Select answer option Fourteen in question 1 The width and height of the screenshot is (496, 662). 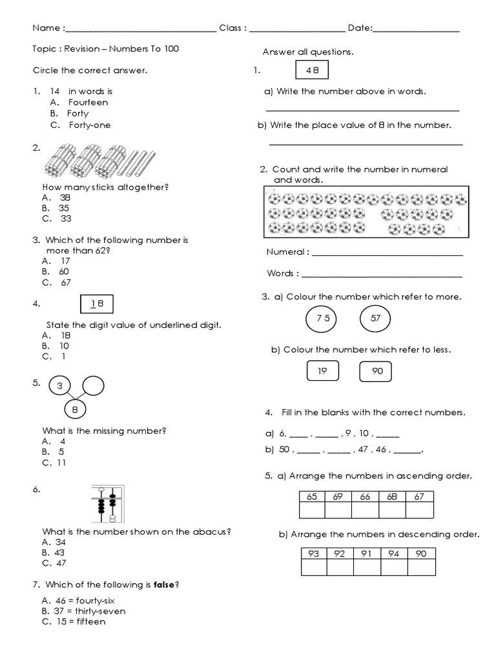coord(88,102)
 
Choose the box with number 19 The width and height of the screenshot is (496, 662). coord(322,371)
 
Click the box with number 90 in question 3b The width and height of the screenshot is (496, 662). coord(376,371)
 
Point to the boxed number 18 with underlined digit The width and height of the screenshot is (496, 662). coord(98,304)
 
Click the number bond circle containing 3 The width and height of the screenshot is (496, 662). coord(59,387)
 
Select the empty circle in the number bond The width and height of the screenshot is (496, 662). coord(93,387)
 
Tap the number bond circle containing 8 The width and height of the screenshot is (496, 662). coord(76,409)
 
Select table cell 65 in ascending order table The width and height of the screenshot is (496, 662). coord(312,496)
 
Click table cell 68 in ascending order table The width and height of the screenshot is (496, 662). coord(392,496)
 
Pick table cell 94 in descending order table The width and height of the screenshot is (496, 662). coord(395,553)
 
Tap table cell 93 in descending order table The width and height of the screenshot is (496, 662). coord(315,553)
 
